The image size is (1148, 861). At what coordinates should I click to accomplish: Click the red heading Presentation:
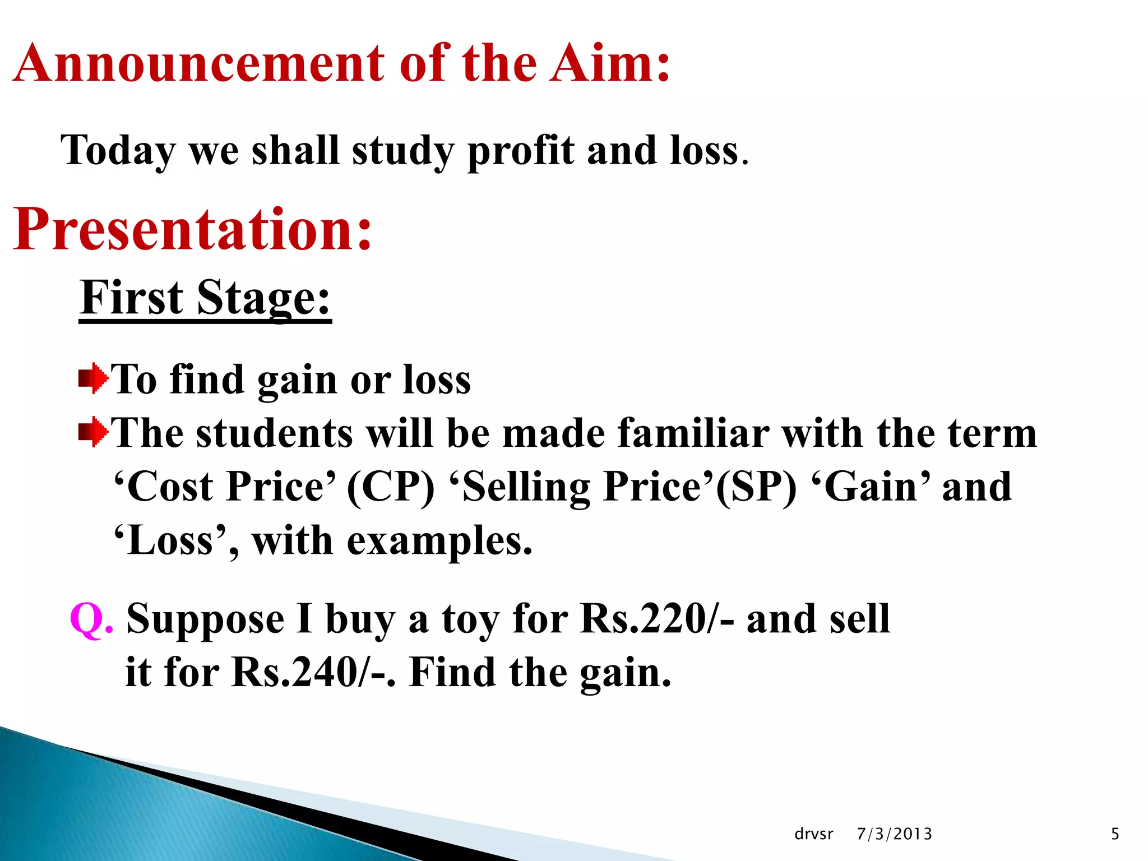[192, 229]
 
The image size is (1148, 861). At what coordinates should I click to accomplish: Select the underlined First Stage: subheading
[205, 298]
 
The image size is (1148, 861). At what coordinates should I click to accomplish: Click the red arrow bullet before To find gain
[93, 379]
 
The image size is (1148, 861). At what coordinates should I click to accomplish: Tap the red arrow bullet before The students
[93, 432]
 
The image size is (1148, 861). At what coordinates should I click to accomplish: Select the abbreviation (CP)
[390, 487]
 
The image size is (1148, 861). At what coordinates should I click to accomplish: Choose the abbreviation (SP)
[756, 487]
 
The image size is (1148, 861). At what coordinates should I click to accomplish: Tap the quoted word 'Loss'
[170, 541]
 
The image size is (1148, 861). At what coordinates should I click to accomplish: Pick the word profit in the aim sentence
[521, 151]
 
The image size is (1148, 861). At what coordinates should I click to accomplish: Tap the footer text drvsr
[813, 834]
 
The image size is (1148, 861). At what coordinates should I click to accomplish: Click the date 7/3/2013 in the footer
[894, 834]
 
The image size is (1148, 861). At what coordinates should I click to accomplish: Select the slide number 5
[1115, 834]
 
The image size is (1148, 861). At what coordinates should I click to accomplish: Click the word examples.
[439, 541]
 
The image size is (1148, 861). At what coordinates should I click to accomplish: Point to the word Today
[118, 151]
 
